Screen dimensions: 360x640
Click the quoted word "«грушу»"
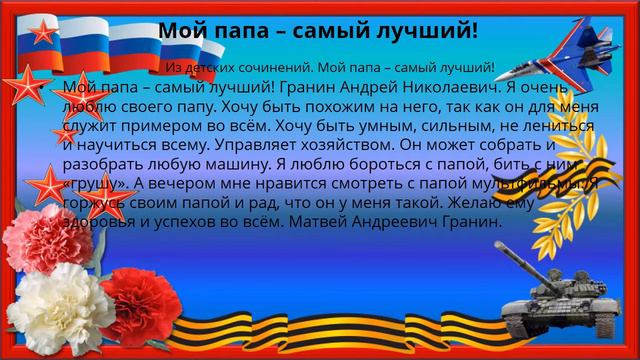[95, 183]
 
